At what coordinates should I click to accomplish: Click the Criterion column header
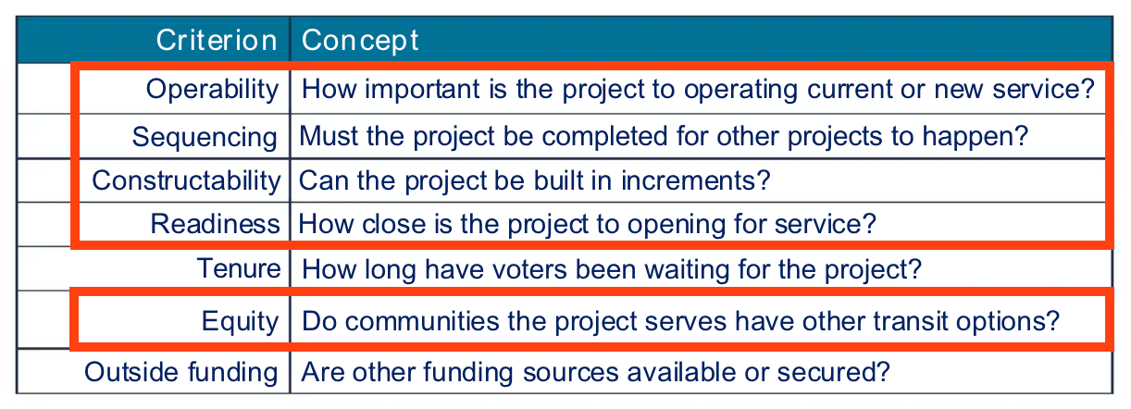pos(216,40)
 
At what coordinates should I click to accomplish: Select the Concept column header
pos(360,40)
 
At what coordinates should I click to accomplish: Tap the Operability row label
pos(212,89)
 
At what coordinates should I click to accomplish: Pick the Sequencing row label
pos(205,137)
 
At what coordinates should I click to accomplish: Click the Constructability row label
pos(185,180)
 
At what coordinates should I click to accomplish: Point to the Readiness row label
pos(215,223)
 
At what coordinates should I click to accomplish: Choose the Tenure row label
pos(238,268)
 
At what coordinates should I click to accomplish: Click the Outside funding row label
pos(180,372)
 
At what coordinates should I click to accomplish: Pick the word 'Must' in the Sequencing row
pos(327,137)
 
